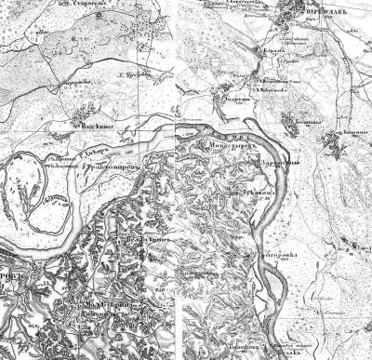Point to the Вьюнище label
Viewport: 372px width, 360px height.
[349, 132]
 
